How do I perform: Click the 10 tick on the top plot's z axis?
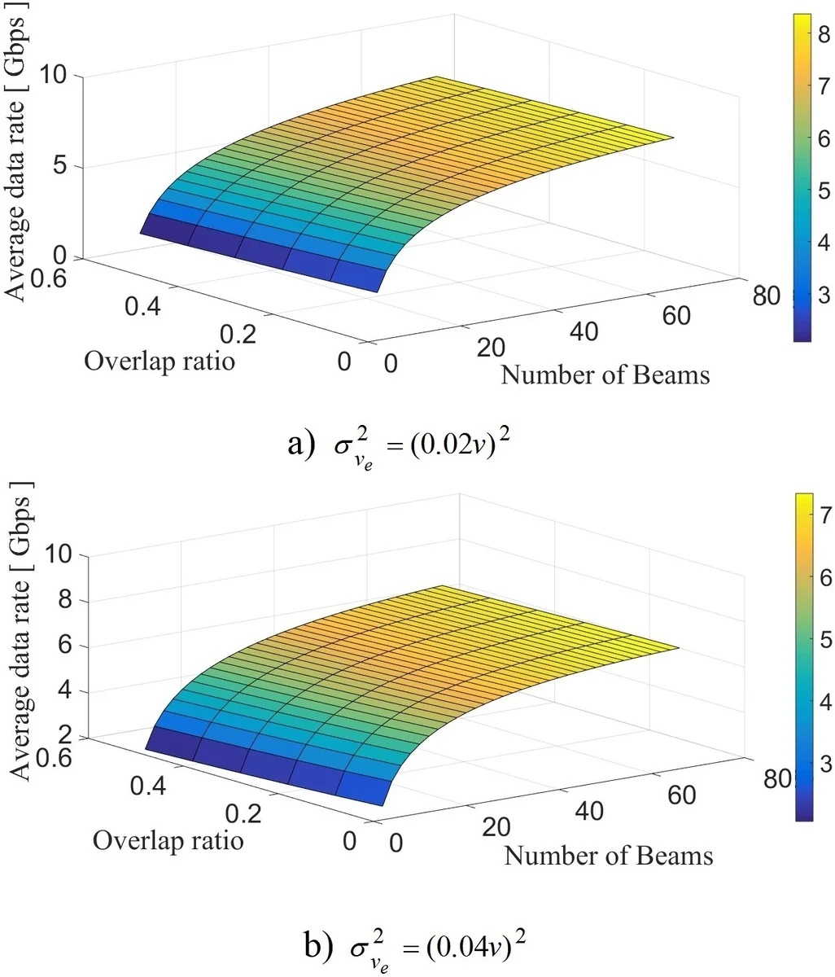tap(59, 76)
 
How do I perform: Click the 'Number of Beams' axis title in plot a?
tap(605, 375)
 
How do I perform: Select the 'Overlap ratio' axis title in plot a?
tap(159, 360)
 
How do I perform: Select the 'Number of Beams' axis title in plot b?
tap(608, 856)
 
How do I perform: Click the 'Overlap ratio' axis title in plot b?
tap(168, 839)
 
